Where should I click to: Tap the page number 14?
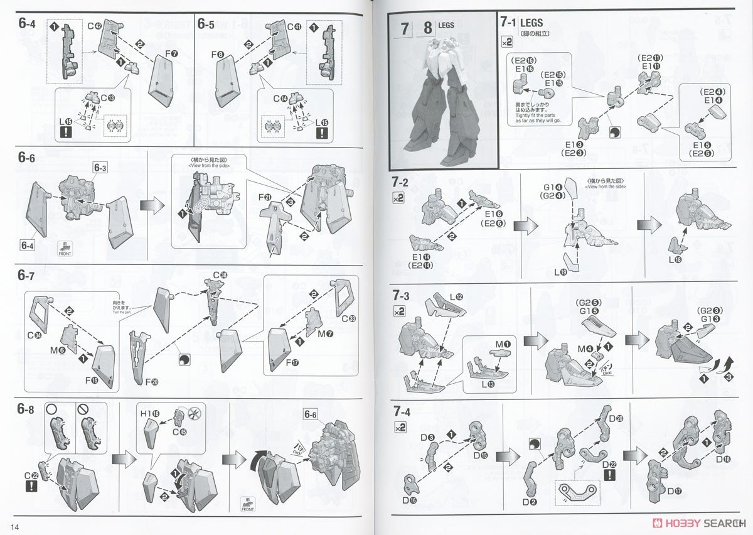click(x=16, y=525)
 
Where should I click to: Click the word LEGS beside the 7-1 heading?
click(x=531, y=23)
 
